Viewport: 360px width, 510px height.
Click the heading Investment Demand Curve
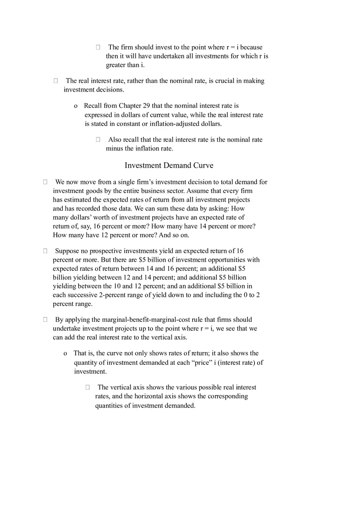[169, 166]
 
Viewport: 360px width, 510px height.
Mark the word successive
[82, 295]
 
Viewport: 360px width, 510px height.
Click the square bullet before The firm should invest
[98, 47]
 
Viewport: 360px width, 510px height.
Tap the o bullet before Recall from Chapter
[76, 106]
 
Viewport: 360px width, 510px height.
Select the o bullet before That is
[65, 354]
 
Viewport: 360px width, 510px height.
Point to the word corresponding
[228, 396]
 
